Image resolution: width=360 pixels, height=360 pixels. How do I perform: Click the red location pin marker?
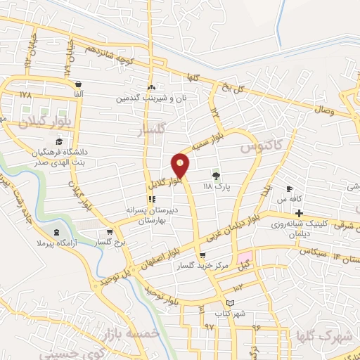click(181, 165)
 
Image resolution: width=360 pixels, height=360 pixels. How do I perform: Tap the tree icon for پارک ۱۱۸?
click(216, 176)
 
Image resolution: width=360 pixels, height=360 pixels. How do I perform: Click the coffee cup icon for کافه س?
click(289, 189)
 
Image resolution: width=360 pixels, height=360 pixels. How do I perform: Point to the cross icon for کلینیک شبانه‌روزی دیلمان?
click(299, 214)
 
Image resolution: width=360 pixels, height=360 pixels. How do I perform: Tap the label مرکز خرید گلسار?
click(223, 266)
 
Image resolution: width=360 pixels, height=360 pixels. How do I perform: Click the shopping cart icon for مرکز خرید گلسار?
click(202, 256)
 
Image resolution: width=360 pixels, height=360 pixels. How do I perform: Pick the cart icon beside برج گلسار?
click(109, 231)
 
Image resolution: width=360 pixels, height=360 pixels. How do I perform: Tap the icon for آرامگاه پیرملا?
click(57, 233)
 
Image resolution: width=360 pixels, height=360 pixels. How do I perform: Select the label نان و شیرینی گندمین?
click(151, 99)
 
